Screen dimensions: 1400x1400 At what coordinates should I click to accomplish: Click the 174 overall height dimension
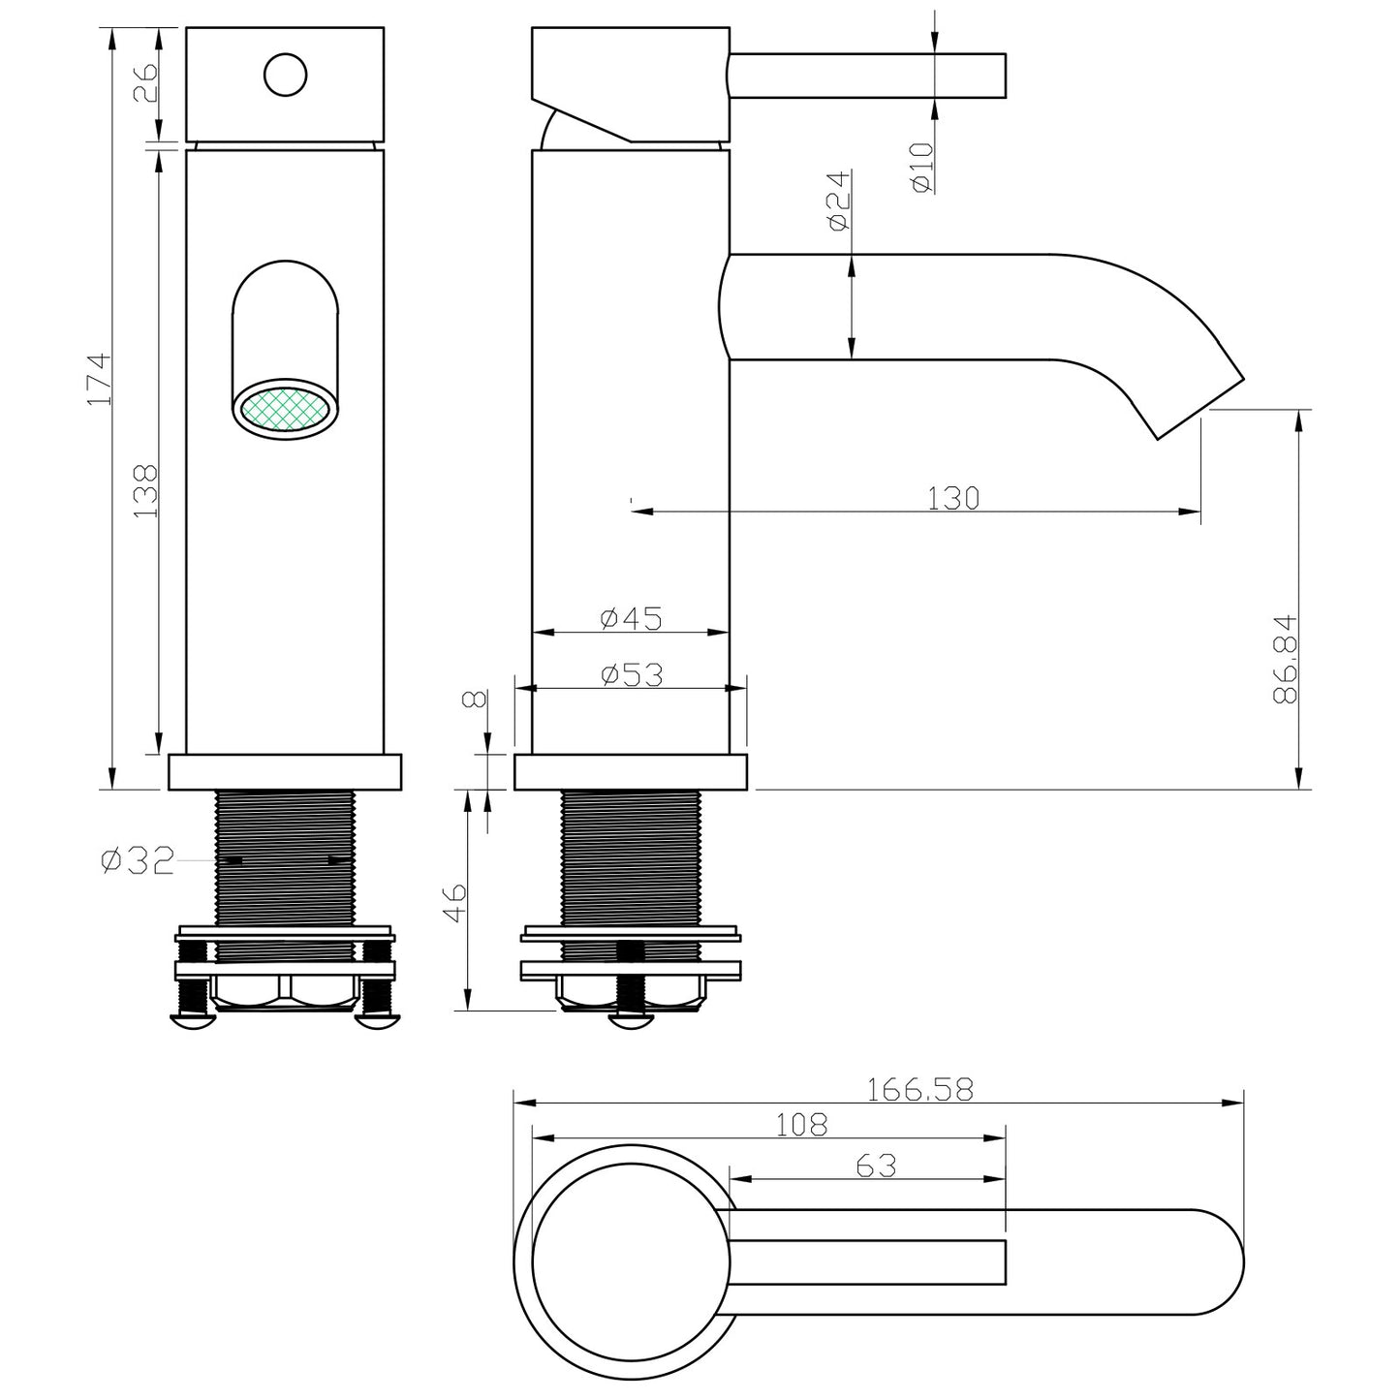(x=101, y=379)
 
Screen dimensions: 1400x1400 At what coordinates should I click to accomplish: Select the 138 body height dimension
(x=145, y=490)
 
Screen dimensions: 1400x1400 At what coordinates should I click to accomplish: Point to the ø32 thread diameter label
(x=138, y=859)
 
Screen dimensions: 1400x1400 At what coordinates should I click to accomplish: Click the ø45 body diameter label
(x=631, y=617)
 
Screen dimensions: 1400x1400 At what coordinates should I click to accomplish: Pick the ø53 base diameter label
(x=631, y=674)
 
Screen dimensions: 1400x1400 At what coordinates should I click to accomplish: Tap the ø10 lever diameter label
(x=921, y=167)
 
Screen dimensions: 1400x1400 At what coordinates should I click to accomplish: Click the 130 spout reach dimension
(x=953, y=498)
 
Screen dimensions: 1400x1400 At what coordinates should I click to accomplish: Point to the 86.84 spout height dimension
(x=1285, y=659)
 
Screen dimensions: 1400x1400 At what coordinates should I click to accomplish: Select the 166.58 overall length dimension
(x=918, y=1090)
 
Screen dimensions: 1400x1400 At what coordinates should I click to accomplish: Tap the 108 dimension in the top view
(x=802, y=1125)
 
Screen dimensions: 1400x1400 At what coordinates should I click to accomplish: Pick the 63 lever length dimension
(x=876, y=1166)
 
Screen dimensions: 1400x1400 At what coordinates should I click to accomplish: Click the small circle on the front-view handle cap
(x=285, y=75)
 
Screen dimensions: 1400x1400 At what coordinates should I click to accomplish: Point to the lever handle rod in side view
(x=867, y=76)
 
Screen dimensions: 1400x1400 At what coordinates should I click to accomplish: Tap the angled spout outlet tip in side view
(x=1201, y=405)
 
